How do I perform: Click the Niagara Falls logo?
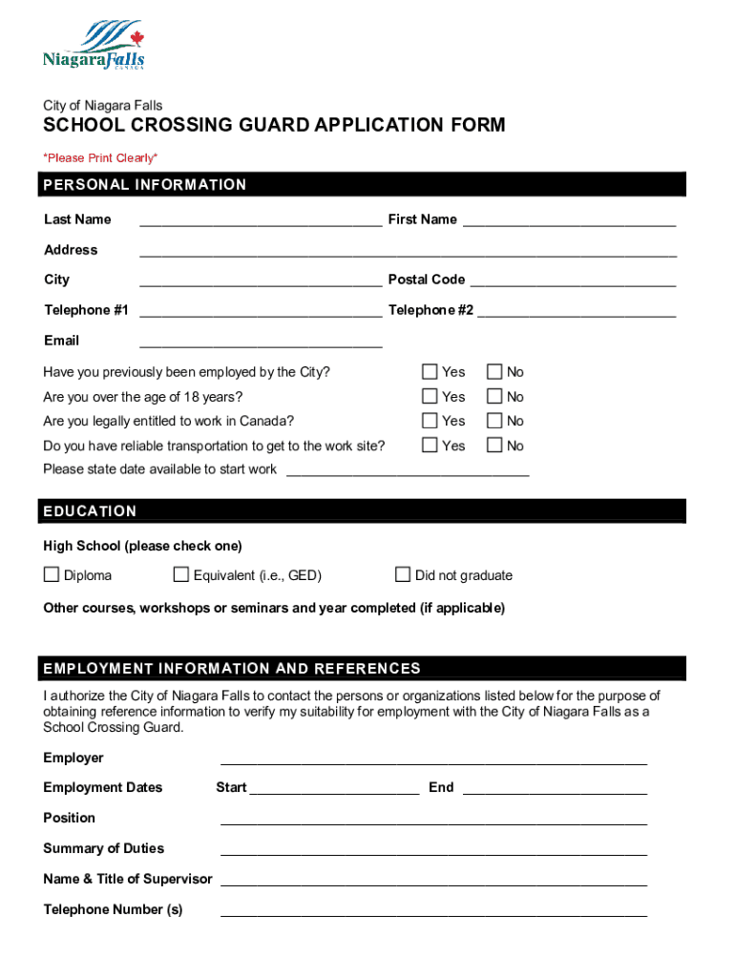pos(94,47)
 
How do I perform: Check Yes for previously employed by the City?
pos(430,372)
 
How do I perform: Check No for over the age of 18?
pos(494,397)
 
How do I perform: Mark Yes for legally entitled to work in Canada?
pos(430,421)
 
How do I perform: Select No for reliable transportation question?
pos(494,446)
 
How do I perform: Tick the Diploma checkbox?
pos(52,574)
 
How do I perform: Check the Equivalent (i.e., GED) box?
pos(181,574)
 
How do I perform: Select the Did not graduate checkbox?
pos(403,574)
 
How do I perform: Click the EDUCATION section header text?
pos(90,511)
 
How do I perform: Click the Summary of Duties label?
pos(103,848)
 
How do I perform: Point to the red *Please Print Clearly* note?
pos(100,157)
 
